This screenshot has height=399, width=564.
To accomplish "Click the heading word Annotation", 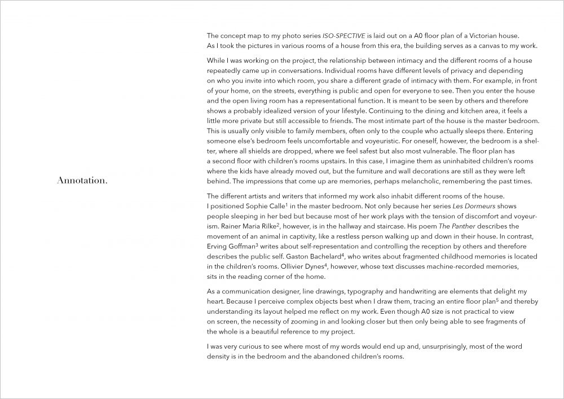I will pyautogui.click(x=82, y=181).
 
